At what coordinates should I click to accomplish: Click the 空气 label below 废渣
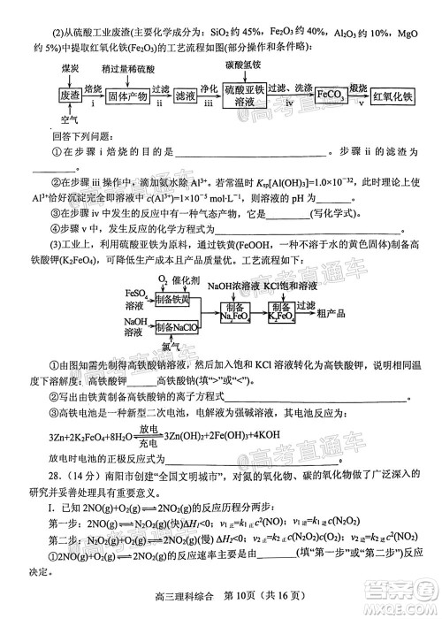(68, 120)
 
